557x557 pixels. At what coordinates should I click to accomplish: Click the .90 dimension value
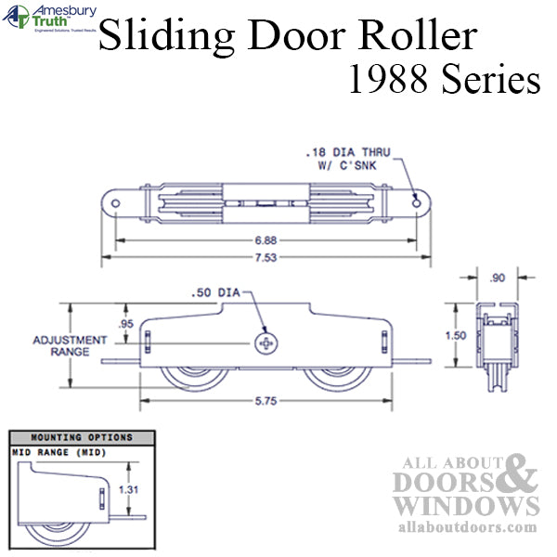click(497, 276)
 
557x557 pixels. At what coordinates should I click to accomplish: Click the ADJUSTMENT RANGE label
click(60, 345)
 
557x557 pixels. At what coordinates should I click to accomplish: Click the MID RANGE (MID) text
click(58, 452)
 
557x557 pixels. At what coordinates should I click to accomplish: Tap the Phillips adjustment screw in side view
click(266, 343)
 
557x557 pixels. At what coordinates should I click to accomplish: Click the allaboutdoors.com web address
click(465, 527)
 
